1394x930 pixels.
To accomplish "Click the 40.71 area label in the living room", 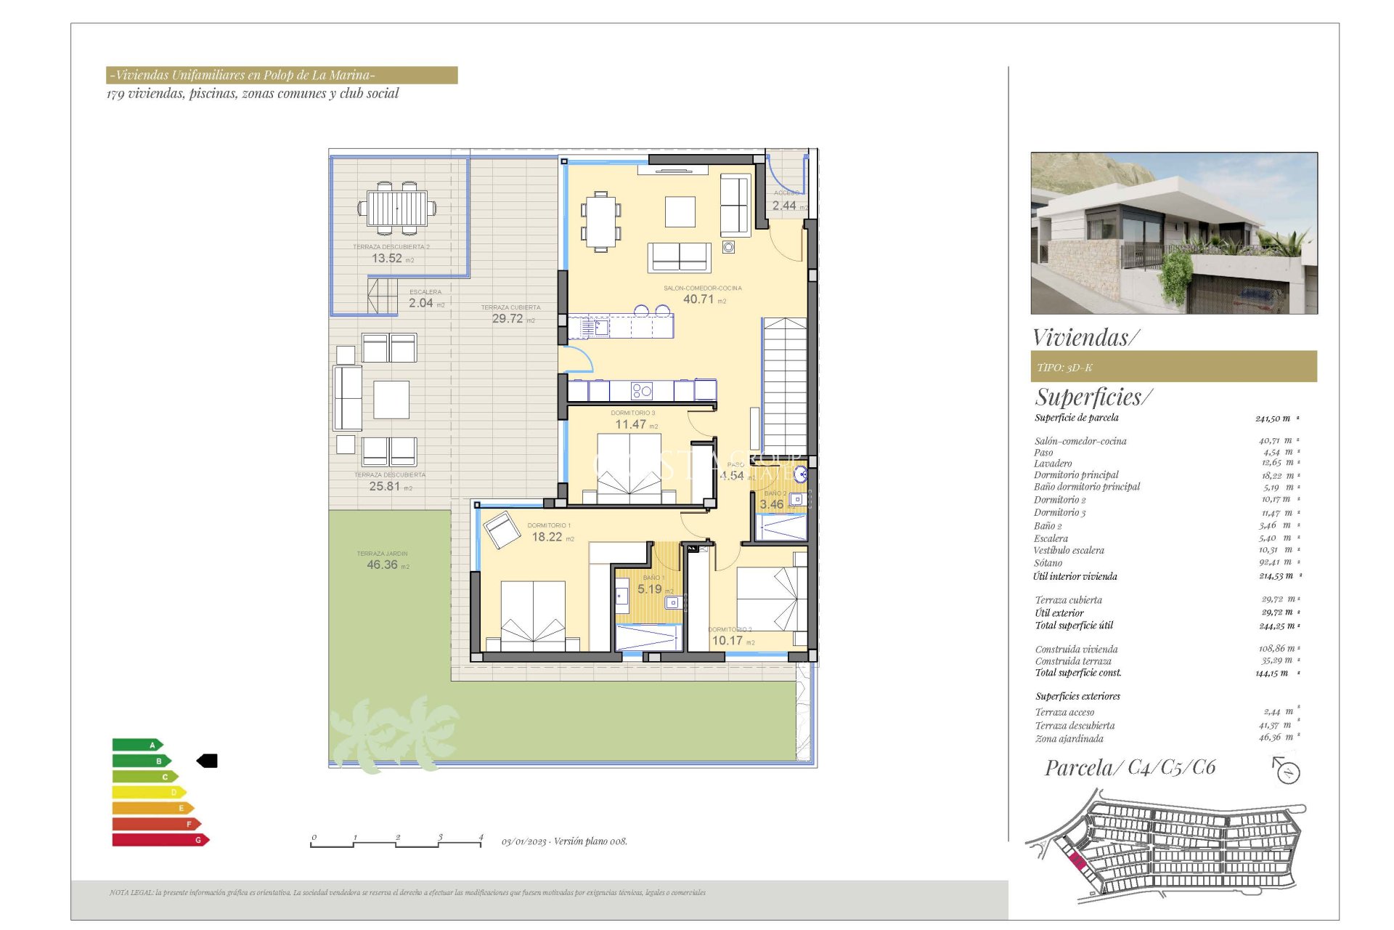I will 698,299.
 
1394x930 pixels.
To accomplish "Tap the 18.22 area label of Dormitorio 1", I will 547,537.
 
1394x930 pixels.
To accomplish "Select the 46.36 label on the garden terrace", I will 383,565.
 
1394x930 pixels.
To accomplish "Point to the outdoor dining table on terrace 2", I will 397,209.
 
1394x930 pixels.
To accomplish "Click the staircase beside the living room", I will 785,386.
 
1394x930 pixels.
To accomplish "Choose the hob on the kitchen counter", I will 642,391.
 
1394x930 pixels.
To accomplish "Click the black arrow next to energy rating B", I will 207,761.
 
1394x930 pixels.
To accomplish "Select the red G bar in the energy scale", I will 160,840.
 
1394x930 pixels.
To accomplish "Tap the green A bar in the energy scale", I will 136,745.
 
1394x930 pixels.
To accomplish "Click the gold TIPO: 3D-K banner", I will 1173,367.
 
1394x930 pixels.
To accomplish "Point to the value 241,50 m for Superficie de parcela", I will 1273,418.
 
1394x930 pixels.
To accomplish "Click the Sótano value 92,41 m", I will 1276,562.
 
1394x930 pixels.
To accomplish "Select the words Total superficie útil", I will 1074,625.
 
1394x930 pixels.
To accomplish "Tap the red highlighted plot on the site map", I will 1077,862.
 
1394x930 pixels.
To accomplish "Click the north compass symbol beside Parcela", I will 1287,771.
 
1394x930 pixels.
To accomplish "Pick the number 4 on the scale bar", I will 481,837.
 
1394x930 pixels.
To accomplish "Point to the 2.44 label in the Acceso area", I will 784,206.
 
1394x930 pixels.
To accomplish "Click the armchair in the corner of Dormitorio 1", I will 502,529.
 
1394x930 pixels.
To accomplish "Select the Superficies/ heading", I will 1093,397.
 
